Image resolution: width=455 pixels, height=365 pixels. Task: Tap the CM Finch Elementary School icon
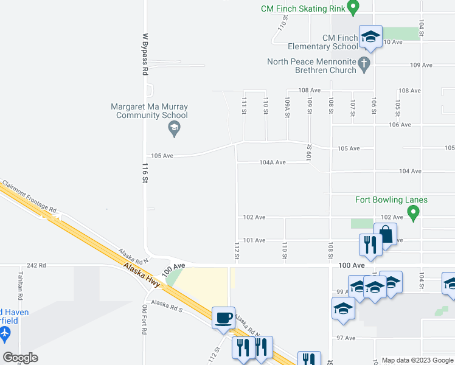[369, 36]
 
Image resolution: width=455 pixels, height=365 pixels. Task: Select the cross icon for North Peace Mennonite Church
[364, 64]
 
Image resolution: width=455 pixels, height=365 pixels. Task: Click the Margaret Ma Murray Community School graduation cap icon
[174, 128]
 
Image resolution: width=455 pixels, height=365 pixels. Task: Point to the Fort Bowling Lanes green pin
[414, 213]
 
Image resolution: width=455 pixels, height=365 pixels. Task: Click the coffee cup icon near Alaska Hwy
[223, 317]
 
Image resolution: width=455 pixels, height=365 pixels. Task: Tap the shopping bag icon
[386, 233]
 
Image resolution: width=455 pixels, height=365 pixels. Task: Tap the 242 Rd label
[36, 266]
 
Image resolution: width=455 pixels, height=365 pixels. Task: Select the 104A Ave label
[273, 162]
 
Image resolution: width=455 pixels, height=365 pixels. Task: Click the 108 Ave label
[308, 90]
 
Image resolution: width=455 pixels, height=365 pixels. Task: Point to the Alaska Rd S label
[167, 305]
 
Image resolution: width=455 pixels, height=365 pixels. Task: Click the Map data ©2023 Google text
[417, 360]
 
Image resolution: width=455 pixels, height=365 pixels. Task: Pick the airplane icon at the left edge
[5, 333]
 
